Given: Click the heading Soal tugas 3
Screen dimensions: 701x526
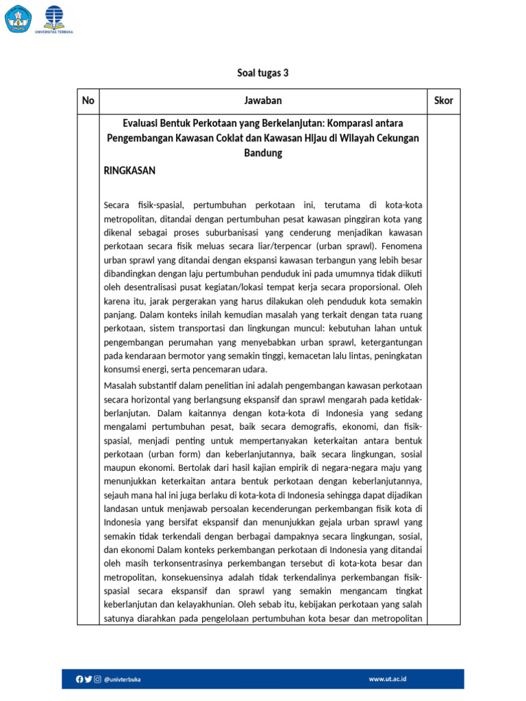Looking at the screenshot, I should (263, 73).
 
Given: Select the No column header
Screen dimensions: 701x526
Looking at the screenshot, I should (88, 101).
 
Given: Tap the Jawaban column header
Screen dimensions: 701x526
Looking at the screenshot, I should (263, 101).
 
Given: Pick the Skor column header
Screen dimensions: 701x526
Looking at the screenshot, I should (443, 101).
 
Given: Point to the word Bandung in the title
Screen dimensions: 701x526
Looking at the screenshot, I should (263, 153).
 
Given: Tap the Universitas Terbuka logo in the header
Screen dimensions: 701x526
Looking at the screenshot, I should (58, 19).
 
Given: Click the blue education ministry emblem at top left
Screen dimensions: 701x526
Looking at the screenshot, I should (18, 18).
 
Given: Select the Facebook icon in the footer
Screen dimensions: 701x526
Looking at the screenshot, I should (79, 679).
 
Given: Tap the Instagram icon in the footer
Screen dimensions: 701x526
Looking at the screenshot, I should (98, 679).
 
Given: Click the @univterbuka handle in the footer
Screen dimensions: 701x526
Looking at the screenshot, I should (122, 679).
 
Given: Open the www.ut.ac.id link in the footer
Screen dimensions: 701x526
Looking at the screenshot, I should (388, 679).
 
